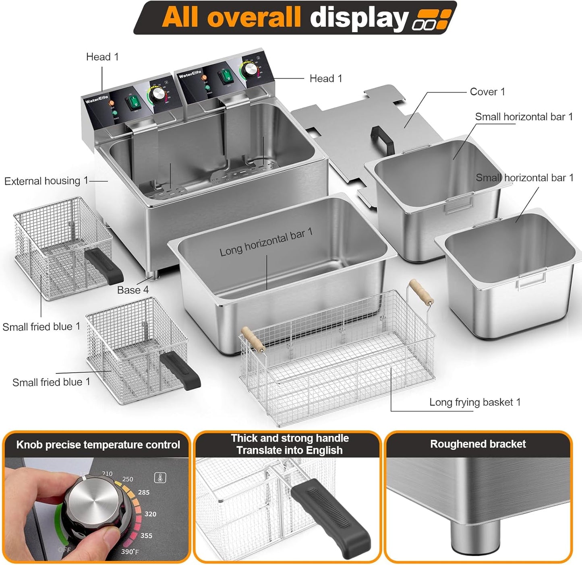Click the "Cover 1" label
[x=487, y=92]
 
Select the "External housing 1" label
[x=46, y=181]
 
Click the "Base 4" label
[x=133, y=290]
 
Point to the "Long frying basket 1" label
[x=475, y=402]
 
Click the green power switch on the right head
[x=227, y=76]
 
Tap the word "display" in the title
[x=359, y=18]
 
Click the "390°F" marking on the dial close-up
[x=130, y=551]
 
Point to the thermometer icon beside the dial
[x=160, y=478]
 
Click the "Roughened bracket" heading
[x=478, y=444]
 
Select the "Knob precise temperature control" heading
[x=98, y=445]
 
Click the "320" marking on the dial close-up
[x=150, y=514]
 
